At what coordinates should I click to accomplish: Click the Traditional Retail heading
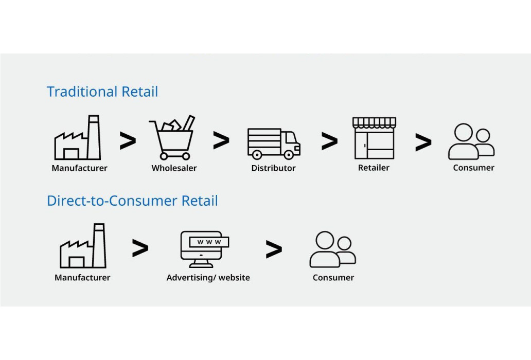click(102, 92)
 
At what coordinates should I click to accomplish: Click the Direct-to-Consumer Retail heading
click(132, 201)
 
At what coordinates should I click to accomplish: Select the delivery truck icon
click(273, 143)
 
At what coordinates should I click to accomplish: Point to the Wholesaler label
click(174, 168)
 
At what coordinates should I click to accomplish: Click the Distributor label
click(273, 168)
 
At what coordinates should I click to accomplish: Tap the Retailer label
click(374, 168)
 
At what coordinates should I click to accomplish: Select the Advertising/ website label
click(208, 278)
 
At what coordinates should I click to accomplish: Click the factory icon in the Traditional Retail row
click(78, 138)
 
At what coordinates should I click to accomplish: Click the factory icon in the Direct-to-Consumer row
click(83, 246)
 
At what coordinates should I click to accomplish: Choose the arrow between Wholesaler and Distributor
click(221, 140)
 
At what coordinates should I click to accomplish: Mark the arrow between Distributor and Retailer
click(329, 141)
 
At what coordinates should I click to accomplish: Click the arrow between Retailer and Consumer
click(423, 143)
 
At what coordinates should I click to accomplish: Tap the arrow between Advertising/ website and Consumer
click(274, 249)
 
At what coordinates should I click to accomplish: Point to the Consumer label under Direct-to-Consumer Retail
click(333, 278)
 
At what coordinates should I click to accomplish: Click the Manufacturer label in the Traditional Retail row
click(79, 168)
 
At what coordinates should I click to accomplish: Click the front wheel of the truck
click(289, 154)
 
